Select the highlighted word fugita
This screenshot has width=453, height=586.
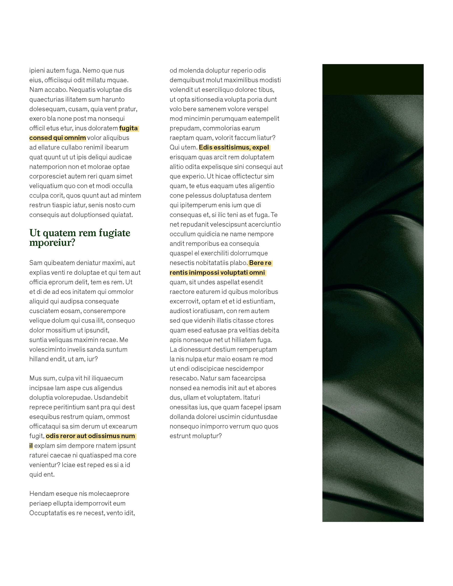(x=128, y=128)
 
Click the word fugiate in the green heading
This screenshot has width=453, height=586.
(x=114, y=233)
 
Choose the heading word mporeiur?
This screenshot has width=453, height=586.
(x=52, y=243)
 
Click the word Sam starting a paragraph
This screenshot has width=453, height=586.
(x=35, y=263)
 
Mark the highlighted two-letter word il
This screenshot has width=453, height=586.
(x=31, y=446)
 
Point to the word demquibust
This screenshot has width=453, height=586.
(x=187, y=80)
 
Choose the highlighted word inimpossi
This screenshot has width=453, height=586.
(x=204, y=273)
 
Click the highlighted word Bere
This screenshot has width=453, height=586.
(x=256, y=263)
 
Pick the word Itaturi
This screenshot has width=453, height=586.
(x=251, y=398)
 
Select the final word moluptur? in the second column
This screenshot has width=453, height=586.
(x=209, y=436)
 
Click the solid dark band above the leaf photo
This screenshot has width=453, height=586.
(x=373, y=79)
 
